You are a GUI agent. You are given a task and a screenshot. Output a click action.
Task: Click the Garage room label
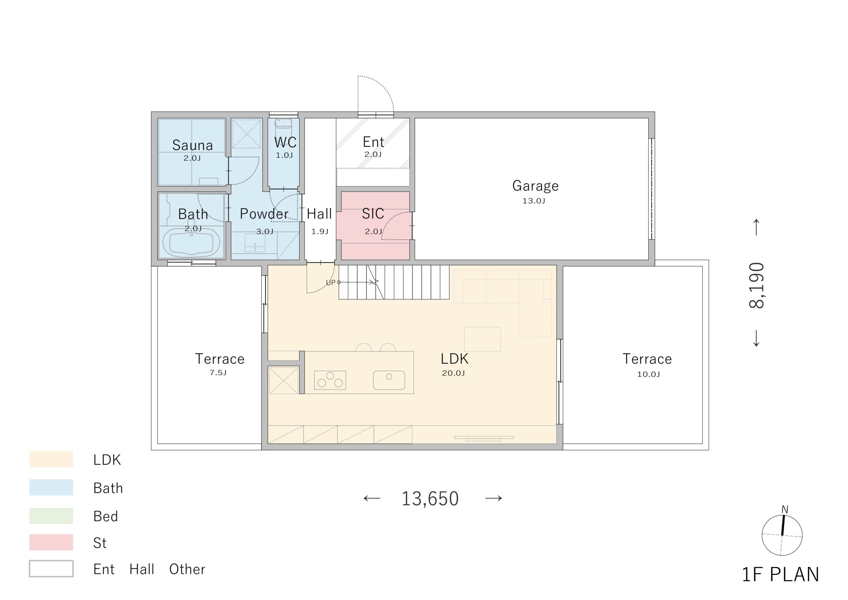535,186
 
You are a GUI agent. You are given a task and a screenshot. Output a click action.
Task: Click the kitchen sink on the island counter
389,380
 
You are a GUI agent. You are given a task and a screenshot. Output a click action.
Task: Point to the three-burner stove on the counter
330,380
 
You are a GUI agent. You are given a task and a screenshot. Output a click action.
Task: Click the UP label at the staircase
331,283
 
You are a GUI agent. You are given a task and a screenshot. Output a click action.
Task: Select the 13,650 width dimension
430,499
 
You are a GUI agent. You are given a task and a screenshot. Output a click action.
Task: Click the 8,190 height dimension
756,285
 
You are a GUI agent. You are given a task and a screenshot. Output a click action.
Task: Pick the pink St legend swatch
51,542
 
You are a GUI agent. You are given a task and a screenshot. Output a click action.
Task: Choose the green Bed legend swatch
51,516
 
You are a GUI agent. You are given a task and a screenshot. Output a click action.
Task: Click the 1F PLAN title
780,574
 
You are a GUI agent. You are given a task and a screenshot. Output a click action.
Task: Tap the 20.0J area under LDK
453,373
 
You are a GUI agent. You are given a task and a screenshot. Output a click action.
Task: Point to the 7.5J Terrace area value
218,373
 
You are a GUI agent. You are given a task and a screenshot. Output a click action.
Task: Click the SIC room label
373,214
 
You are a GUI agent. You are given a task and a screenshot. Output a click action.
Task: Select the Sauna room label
192,145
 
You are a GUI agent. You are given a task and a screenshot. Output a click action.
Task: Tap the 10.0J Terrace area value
648,374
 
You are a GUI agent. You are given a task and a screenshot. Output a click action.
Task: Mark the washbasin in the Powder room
255,243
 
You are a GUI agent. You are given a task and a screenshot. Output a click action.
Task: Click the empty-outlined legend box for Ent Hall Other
51,569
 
